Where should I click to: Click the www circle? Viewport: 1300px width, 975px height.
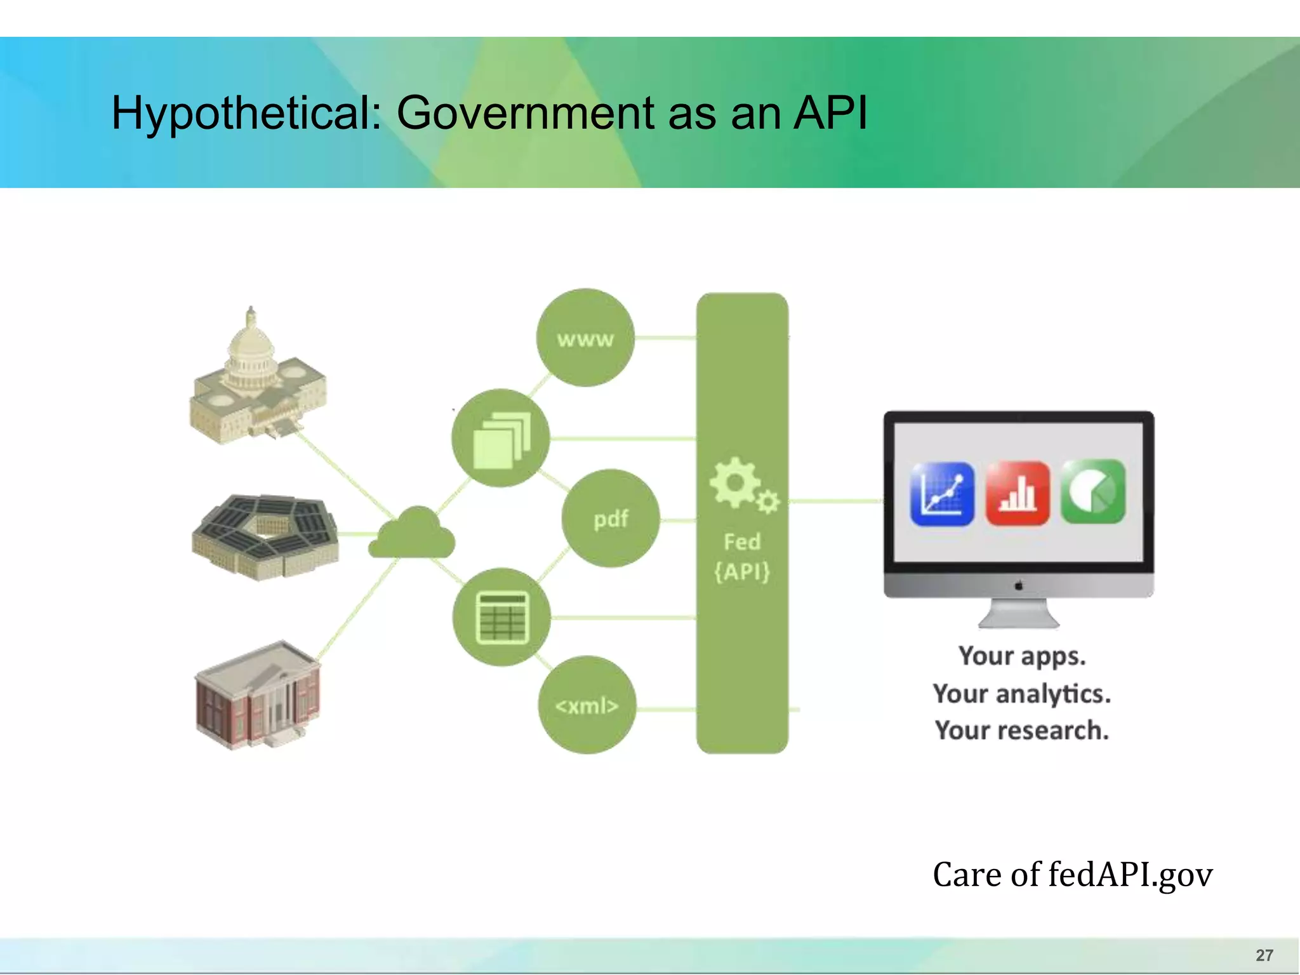(x=585, y=338)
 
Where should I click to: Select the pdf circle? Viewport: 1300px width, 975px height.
(x=611, y=519)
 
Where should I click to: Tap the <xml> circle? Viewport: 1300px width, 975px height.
(x=587, y=705)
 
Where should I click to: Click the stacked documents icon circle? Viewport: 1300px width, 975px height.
(x=501, y=438)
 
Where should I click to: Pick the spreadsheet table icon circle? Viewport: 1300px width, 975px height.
(x=501, y=617)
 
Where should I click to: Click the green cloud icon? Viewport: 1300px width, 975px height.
(x=412, y=533)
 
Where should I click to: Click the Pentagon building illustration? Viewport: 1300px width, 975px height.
(x=265, y=536)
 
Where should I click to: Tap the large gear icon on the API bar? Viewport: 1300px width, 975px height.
(x=734, y=482)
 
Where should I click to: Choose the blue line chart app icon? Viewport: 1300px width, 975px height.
(x=942, y=493)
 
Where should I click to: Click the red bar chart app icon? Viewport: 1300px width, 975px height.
(x=1018, y=493)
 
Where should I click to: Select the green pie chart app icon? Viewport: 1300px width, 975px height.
(x=1093, y=492)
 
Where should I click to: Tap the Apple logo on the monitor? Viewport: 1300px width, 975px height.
(x=1019, y=585)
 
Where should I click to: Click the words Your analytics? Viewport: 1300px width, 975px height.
(x=1021, y=693)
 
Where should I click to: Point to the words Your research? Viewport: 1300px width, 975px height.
(x=1021, y=730)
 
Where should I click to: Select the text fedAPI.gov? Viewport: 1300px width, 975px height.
(x=1130, y=875)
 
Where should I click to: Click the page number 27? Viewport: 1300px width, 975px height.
(x=1264, y=955)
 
